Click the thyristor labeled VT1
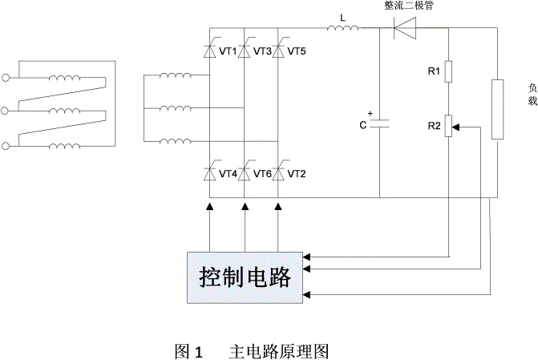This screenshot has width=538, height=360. pyautogui.click(x=210, y=51)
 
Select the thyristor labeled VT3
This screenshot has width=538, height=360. pyautogui.click(x=245, y=51)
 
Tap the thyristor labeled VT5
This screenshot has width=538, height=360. pyautogui.click(x=278, y=51)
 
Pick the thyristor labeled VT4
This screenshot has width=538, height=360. pyautogui.click(x=210, y=173)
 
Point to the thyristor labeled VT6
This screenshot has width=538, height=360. pyautogui.click(x=245, y=173)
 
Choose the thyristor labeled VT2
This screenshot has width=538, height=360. pyautogui.click(x=278, y=173)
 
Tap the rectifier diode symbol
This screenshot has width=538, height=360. pyautogui.click(x=405, y=30)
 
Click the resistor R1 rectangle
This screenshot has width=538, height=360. pyautogui.click(x=448, y=73)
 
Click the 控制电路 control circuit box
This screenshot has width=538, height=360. pyautogui.click(x=245, y=277)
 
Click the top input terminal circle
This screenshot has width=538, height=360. pyautogui.click(x=7, y=78)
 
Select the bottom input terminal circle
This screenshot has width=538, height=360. pyautogui.click(x=7, y=145)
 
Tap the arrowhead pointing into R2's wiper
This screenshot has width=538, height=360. pyautogui.click(x=456, y=126)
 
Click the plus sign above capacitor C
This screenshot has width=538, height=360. pyautogui.click(x=370, y=111)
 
